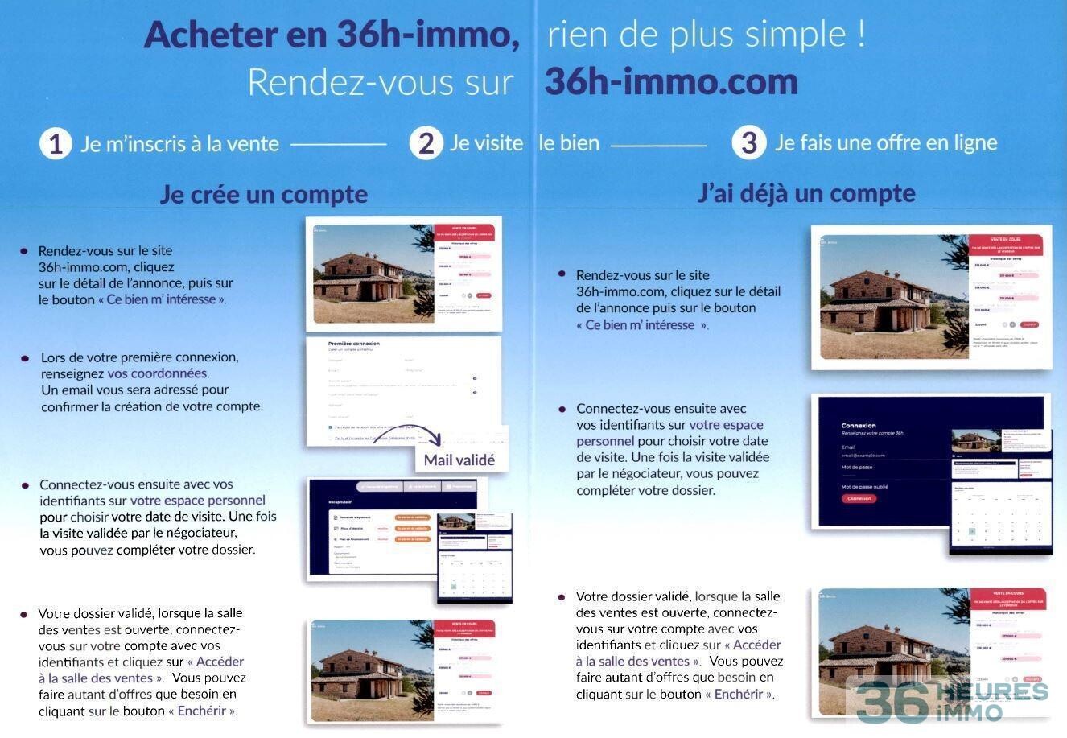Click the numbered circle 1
click(56, 144)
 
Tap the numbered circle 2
click(426, 143)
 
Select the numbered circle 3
click(748, 143)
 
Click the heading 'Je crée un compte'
click(263, 194)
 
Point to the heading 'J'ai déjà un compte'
click(806, 193)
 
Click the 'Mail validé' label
click(459, 460)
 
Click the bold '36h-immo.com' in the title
click(671, 81)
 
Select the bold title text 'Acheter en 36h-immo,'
click(331, 35)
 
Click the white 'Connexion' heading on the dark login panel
click(858, 425)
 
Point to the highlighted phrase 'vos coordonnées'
click(158, 373)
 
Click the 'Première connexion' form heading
click(354, 344)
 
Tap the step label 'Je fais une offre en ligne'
click(886, 143)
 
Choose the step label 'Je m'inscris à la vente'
click(179, 144)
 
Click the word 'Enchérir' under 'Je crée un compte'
click(206, 711)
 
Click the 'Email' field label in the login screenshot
click(848, 447)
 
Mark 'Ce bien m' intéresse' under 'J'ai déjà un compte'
click(640, 325)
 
